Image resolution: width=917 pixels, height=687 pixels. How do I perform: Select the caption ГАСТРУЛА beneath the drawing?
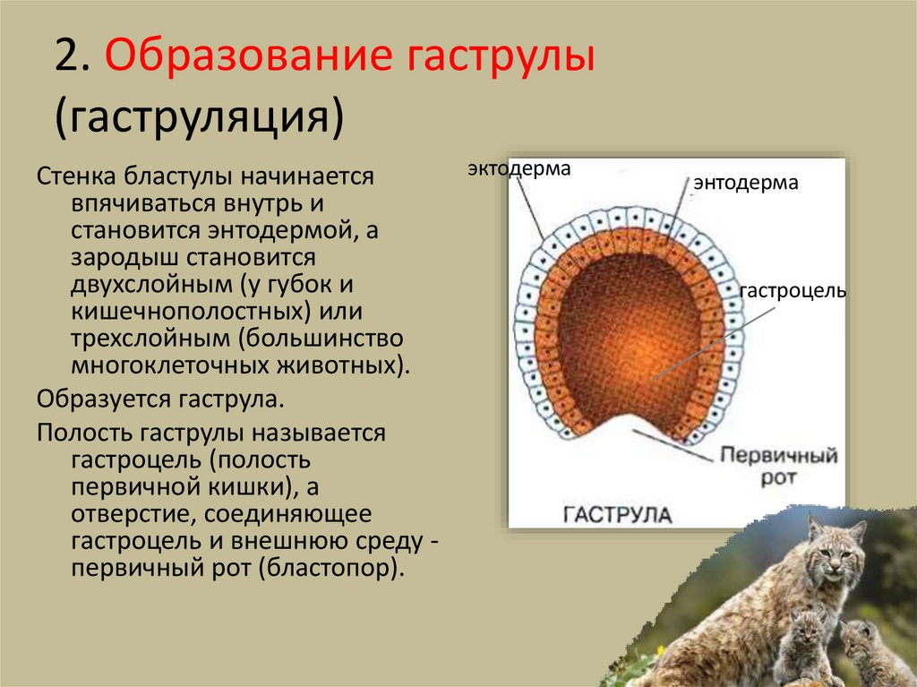coord(618,514)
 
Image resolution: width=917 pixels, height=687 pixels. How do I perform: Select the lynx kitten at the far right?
coord(867,649)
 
